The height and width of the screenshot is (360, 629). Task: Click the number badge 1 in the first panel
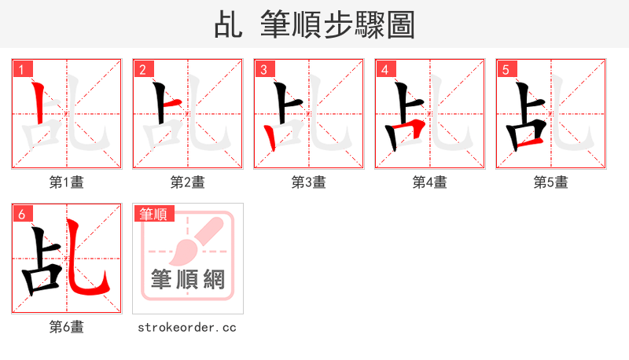point(21,70)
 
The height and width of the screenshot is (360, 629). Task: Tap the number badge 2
point(142,70)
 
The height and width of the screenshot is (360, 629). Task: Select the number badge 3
point(263,70)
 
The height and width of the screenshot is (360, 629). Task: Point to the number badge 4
point(384,70)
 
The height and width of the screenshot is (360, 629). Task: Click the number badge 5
point(506,70)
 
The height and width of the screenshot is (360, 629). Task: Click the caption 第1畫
point(67,182)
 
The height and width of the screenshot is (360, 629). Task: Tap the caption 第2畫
point(188,182)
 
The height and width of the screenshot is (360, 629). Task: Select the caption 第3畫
point(309,182)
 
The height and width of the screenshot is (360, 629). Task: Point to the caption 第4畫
point(430,182)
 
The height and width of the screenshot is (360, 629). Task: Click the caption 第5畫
point(551,182)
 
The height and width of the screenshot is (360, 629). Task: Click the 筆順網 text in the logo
point(188,280)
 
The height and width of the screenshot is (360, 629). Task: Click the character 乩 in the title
point(229,25)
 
